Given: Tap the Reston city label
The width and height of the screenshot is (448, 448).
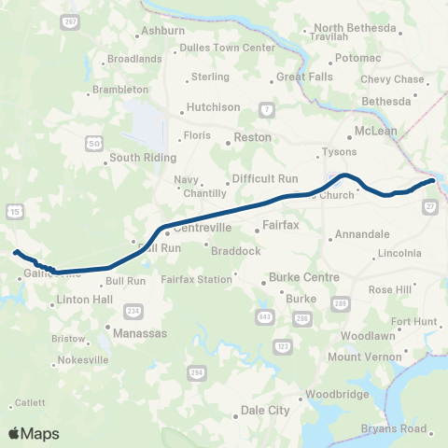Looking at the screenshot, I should click(x=252, y=137).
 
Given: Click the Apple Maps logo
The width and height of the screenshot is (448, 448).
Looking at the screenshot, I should click(x=34, y=432).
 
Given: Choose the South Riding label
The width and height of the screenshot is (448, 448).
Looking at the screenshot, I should click(x=143, y=158).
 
